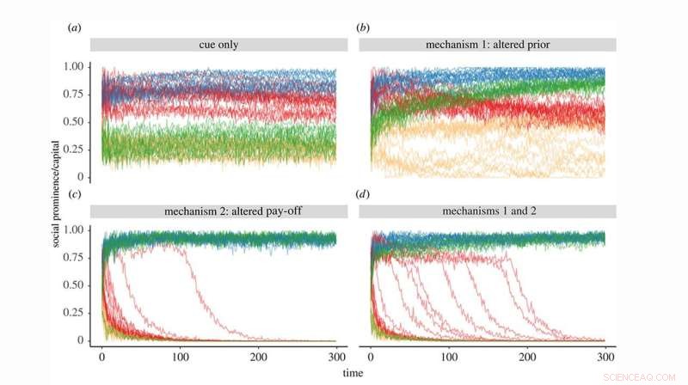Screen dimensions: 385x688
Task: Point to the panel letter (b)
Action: [362, 27]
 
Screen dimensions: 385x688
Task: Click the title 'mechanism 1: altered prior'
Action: [488, 45]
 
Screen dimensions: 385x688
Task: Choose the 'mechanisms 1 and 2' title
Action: [488, 211]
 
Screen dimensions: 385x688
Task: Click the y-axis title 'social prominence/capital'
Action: [56, 193]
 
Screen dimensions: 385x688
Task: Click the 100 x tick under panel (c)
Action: [180, 357]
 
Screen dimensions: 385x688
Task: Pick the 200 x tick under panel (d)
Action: [526, 357]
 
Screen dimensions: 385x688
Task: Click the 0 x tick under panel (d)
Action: [371, 357]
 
